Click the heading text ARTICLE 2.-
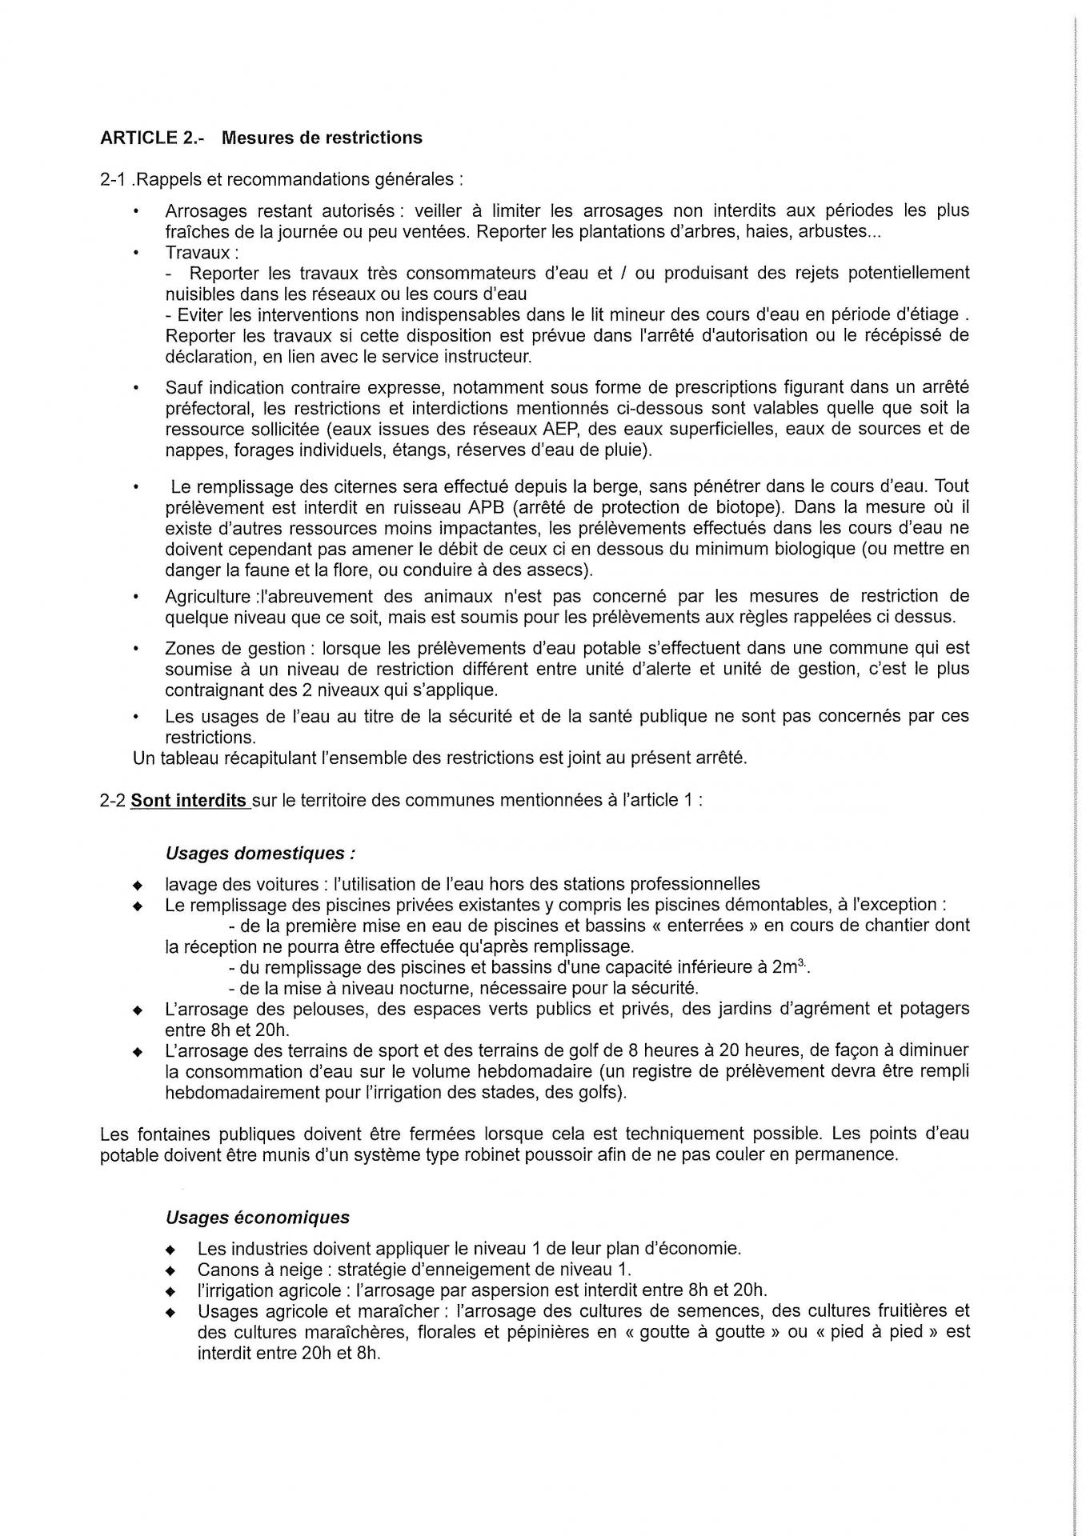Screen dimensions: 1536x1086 tap(152, 138)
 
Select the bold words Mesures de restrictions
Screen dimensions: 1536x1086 tap(322, 138)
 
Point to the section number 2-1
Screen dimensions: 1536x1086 tap(113, 179)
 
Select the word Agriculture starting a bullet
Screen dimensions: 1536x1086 tap(207, 597)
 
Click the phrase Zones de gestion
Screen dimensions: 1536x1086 tap(234, 649)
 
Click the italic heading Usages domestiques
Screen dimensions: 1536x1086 tap(260, 853)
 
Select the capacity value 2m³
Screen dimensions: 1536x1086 tap(789, 967)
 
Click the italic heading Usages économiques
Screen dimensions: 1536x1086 tap(258, 1218)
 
